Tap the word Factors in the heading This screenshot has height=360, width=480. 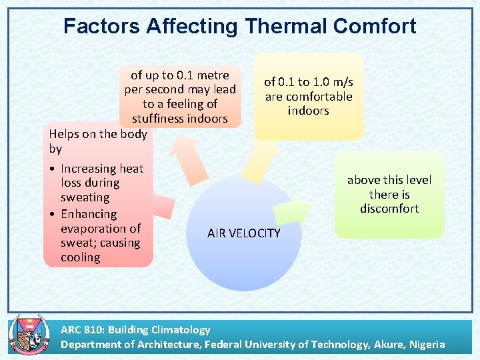pos(101,26)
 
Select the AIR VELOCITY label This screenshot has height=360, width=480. pos(243,233)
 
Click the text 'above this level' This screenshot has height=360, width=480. pos(389,180)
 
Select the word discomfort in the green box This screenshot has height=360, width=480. pos(389,209)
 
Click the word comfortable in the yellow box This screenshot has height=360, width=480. pos(308,97)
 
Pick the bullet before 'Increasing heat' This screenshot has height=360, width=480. pos(52,169)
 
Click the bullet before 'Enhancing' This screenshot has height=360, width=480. pos(52,214)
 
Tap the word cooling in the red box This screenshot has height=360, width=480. pos(80,257)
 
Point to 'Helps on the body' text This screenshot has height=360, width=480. pos(97,133)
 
